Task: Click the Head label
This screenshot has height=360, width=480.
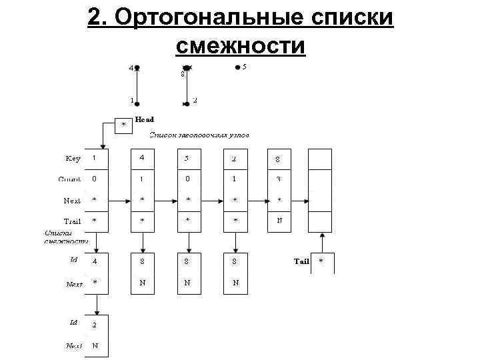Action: tap(144, 119)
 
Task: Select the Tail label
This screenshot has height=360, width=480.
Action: tap(301, 261)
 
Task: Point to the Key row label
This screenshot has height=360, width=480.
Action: tap(73, 159)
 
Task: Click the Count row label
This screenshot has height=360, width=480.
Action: tap(70, 179)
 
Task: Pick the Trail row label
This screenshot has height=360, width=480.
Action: tap(72, 221)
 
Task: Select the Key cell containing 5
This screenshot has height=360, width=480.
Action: tap(189, 159)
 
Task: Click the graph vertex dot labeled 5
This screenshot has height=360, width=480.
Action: tap(237, 67)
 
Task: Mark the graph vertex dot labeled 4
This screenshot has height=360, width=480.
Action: tap(137, 67)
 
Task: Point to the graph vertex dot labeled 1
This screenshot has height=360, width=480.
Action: tap(137, 103)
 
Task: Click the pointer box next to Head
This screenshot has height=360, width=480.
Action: tap(123, 125)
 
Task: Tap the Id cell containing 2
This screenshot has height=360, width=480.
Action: tap(97, 325)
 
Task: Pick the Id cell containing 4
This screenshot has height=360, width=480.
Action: tap(97, 261)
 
